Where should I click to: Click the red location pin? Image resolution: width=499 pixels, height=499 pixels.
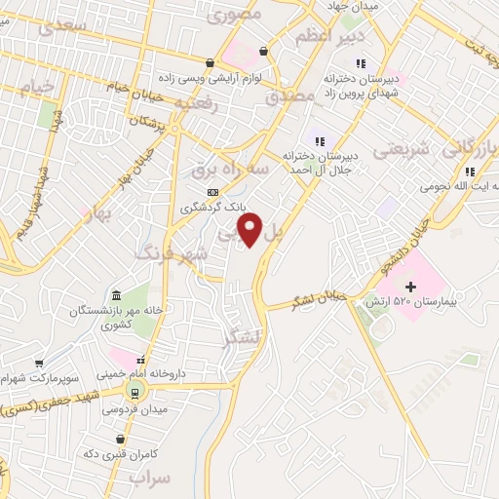click(x=250, y=230)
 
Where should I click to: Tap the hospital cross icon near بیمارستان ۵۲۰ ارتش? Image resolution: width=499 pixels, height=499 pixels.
click(x=410, y=288)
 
